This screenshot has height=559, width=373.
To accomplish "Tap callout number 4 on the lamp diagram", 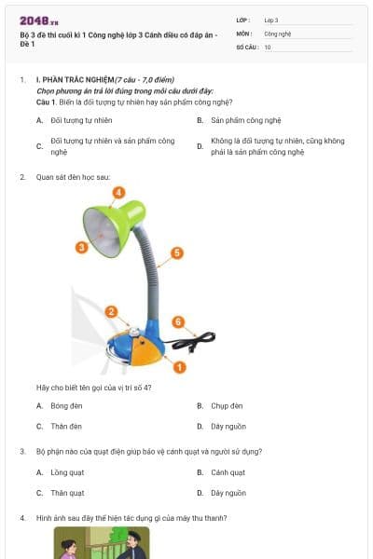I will click(x=118, y=192).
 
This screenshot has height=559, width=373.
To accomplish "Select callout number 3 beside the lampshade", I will click(x=81, y=247).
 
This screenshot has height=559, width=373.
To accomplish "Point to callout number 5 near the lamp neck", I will click(x=177, y=252).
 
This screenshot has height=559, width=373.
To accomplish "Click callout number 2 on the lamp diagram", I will click(x=111, y=311).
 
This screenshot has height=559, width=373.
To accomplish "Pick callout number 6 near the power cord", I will click(x=177, y=322).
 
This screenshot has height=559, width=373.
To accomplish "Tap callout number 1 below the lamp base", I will click(x=180, y=367).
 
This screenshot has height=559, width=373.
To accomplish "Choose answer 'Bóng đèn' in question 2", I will click(x=65, y=406).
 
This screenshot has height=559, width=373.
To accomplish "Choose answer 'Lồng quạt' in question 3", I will click(x=66, y=472).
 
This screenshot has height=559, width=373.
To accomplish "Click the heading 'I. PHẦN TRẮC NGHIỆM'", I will click(x=75, y=80).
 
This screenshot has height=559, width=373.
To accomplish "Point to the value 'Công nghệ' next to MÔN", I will click(x=278, y=33).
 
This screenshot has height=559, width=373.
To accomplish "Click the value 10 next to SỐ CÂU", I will click(x=268, y=46).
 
